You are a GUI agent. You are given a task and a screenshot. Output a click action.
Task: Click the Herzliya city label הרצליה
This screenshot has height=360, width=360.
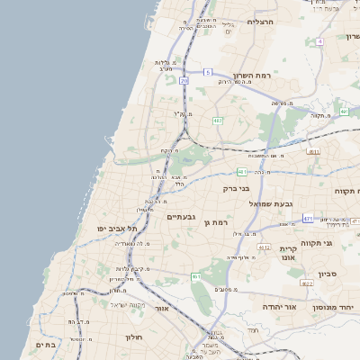[x=261, y=21]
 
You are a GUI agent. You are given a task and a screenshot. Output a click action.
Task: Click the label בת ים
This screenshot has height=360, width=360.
[x=46, y=344]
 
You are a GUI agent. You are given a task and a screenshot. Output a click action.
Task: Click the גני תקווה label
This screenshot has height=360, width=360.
[x=340, y=243]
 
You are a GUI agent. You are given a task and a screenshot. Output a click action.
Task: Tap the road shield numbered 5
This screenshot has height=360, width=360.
[x=208, y=72]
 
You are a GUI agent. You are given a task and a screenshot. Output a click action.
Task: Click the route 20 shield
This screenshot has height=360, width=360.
[x=184, y=81]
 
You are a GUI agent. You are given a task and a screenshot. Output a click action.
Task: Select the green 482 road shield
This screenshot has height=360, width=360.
[x=217, y=120]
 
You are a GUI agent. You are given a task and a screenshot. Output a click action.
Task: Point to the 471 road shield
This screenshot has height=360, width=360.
[x=308, y=218]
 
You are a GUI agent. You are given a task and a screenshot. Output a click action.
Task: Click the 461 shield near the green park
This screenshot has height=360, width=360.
[x=196, y=277]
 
